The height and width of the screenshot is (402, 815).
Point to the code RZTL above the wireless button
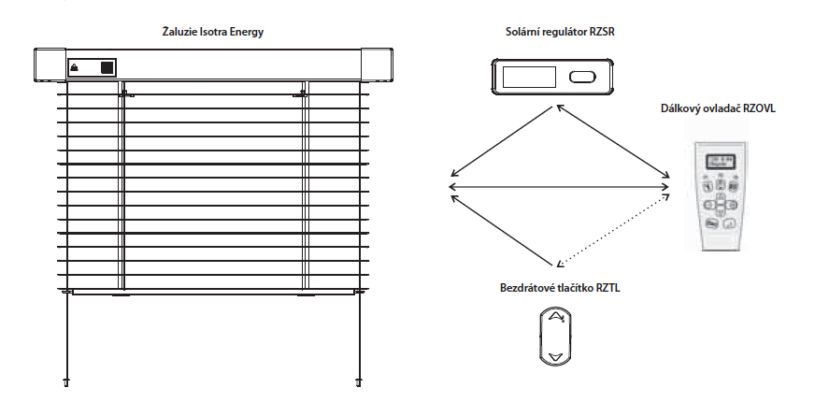(606, 290)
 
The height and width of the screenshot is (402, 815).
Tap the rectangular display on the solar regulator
(529, 78)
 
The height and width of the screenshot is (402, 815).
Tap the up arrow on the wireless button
(556, 319)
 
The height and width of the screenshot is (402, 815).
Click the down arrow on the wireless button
(556, 356)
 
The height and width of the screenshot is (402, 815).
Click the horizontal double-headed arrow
(559, 187)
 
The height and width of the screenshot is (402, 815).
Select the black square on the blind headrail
(107, 67)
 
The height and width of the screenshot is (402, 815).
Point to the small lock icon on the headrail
(76, 68)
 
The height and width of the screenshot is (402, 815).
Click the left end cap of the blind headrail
(47, 65)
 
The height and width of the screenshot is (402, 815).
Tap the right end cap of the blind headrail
(378, 65)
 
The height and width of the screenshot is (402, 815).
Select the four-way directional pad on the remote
(720, 203)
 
